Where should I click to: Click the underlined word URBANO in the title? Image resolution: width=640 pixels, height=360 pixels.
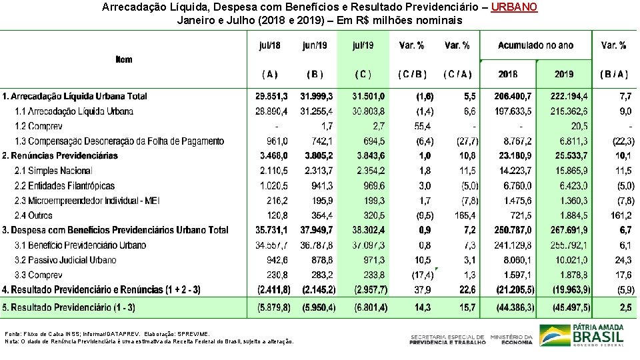tap(513, 7)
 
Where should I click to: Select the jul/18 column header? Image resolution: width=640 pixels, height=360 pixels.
tap(269, 45)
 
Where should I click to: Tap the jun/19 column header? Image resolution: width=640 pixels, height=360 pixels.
tap(315, 45)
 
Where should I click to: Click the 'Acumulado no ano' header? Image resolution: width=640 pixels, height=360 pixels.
tap(535, 45)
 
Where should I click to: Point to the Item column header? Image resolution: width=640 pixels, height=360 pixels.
tap(124, 59)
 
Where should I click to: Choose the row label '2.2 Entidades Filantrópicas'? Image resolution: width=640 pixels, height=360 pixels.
tap(65, 185)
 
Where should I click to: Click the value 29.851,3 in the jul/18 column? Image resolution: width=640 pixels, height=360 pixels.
tap(271, 97)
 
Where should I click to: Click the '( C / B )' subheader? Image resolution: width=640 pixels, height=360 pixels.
tap(411, 74)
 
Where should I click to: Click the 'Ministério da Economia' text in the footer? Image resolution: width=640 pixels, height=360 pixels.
tap(511, 339)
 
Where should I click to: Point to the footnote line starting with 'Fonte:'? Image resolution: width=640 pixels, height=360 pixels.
tap(107, 333)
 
